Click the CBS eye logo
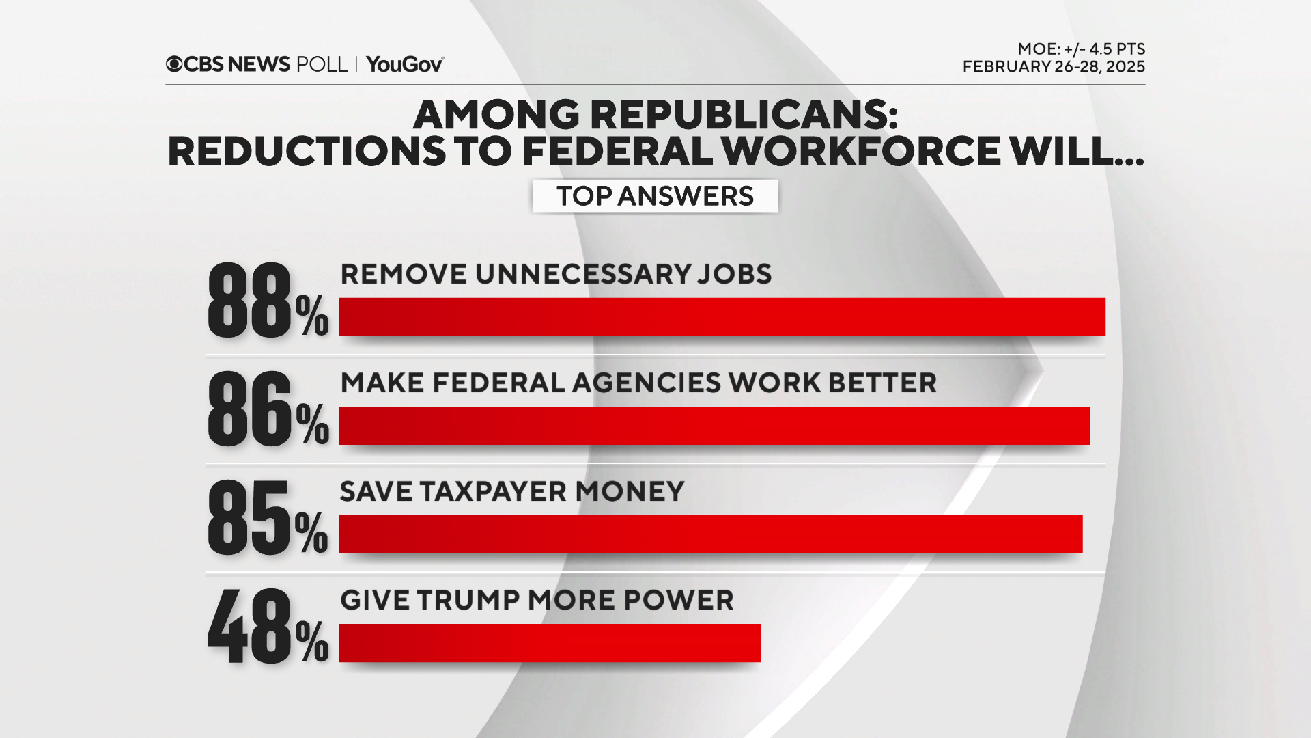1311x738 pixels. [x=174, y=64]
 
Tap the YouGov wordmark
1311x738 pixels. [x=404, y=64]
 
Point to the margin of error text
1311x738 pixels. [x=1081, y=49]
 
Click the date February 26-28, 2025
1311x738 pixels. [x=1054, y=67]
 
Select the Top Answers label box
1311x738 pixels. [x=655, y=196]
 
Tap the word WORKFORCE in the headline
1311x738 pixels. [x=861, y=151]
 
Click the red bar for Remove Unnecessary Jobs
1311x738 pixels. [x=722, y=317]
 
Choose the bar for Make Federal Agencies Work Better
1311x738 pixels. [x=714, y=426]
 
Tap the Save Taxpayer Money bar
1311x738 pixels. [x=710, y=534]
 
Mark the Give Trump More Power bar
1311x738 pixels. [x=550, y=643]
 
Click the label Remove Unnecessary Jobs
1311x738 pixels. [x=556, y=274]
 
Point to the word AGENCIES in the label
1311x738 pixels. [x=646, y=383]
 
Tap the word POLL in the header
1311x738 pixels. [x=322, y=64]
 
